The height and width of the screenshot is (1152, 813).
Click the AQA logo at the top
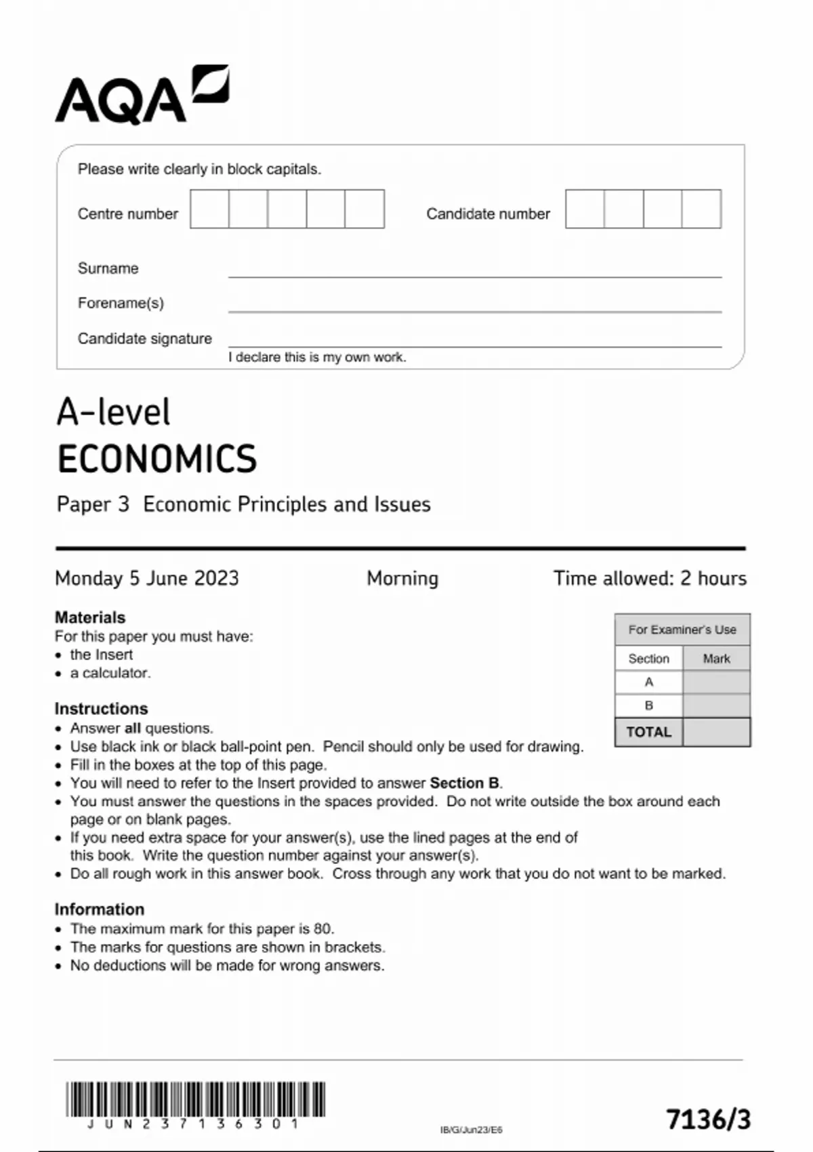[x=142, y=95]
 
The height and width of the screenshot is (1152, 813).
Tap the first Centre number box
[x=209, y=209]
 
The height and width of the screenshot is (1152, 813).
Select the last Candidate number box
[x=701, y=209]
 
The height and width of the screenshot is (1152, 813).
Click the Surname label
[x=108, y=268]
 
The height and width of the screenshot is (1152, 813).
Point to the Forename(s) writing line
[x=474, y=310]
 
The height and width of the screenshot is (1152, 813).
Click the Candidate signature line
[x=474, y=346]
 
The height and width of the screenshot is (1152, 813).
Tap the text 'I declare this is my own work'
[x=317, y=357]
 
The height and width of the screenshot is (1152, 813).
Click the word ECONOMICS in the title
[x=157, y=459]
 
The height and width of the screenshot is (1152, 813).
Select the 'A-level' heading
[x=113, y=412]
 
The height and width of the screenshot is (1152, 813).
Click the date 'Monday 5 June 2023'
[x=147, y=578]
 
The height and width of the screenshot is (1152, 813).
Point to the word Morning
[x=402, y=578]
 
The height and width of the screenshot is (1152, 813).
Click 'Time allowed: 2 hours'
[x=650, y=578]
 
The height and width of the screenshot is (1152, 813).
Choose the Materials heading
[x=90, y=617]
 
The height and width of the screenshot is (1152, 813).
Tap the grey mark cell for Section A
[x=716, y=682]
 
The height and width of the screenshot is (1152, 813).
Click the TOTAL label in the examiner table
[x=648, y=732]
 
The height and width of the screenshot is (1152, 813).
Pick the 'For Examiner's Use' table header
[x=682, y=630]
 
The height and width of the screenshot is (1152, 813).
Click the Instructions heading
[x=101, y=708]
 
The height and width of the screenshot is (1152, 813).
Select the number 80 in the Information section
[x=322, y=928]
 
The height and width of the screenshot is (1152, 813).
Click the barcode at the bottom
[x=195, y=1098]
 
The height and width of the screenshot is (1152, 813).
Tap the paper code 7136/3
[x=709, y=1119]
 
